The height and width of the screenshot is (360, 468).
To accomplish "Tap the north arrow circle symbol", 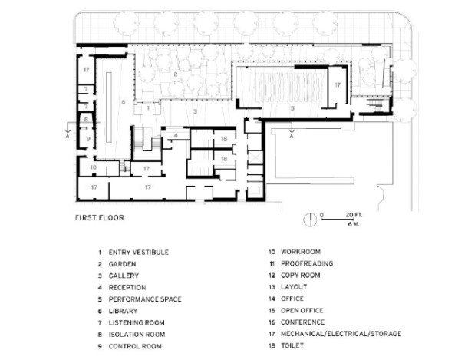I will (310, 219).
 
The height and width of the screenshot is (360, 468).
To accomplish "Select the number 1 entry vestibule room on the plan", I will (148, 109).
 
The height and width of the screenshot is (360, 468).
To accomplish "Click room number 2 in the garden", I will (176, 74).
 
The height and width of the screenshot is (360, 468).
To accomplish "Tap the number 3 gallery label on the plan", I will (196, 112).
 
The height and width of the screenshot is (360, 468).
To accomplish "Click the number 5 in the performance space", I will (292, 108).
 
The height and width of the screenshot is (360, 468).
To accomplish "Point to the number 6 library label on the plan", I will (122, 101).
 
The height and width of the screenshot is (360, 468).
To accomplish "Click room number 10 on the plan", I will (92, 167).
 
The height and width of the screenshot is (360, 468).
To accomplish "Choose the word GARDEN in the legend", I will (122, 263).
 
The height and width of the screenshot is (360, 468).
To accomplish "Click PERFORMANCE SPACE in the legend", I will (145, 299).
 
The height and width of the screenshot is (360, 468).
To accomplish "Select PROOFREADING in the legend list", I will (307, 263).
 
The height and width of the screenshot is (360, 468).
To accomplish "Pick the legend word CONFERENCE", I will (302, 322).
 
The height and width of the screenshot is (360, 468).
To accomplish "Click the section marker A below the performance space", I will (292, 137).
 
